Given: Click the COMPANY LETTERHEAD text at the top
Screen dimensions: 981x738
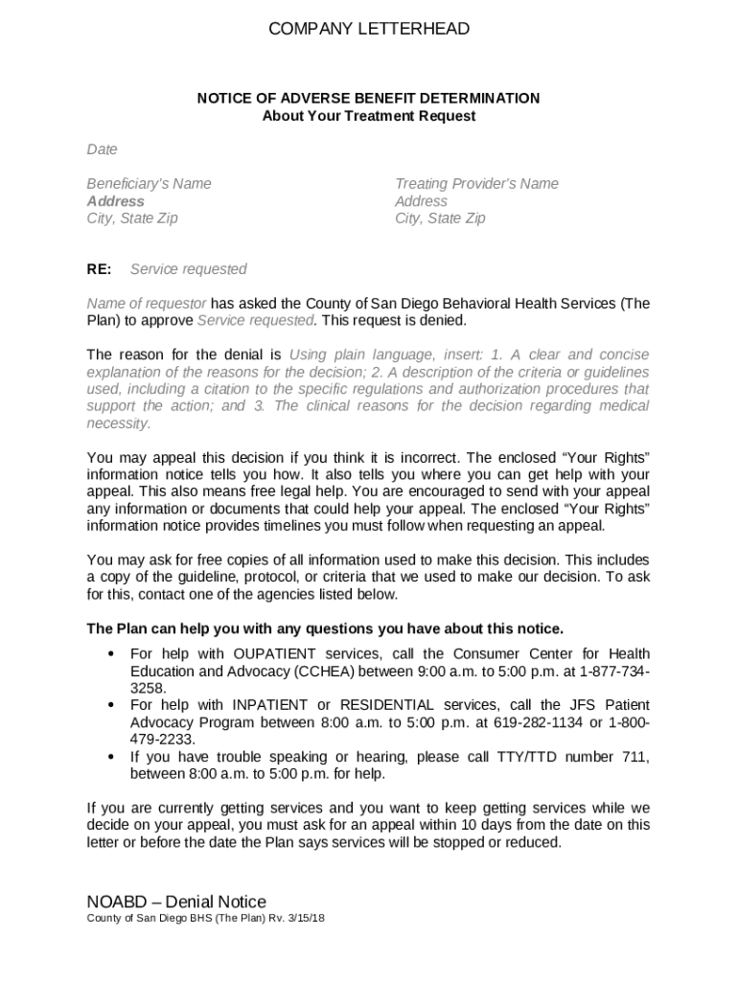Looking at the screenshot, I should point(369,29).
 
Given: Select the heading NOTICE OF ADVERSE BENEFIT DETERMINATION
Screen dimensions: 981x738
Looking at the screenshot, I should point(369,99).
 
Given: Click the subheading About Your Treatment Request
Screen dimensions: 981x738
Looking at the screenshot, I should point(369,116).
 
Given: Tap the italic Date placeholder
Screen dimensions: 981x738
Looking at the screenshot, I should point(102,149).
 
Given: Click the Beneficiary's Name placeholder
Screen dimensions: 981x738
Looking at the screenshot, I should point(149,184).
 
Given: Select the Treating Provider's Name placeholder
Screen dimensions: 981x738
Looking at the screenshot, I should point(476,184).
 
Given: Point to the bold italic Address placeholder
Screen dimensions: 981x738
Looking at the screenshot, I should point(115,201).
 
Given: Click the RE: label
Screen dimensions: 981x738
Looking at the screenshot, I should point(99,269).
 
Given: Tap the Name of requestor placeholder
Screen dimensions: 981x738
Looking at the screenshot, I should point(146,304).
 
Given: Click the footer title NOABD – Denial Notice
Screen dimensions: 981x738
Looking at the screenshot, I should point(176,901).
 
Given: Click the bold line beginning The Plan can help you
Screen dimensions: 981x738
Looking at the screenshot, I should point(325,628).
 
